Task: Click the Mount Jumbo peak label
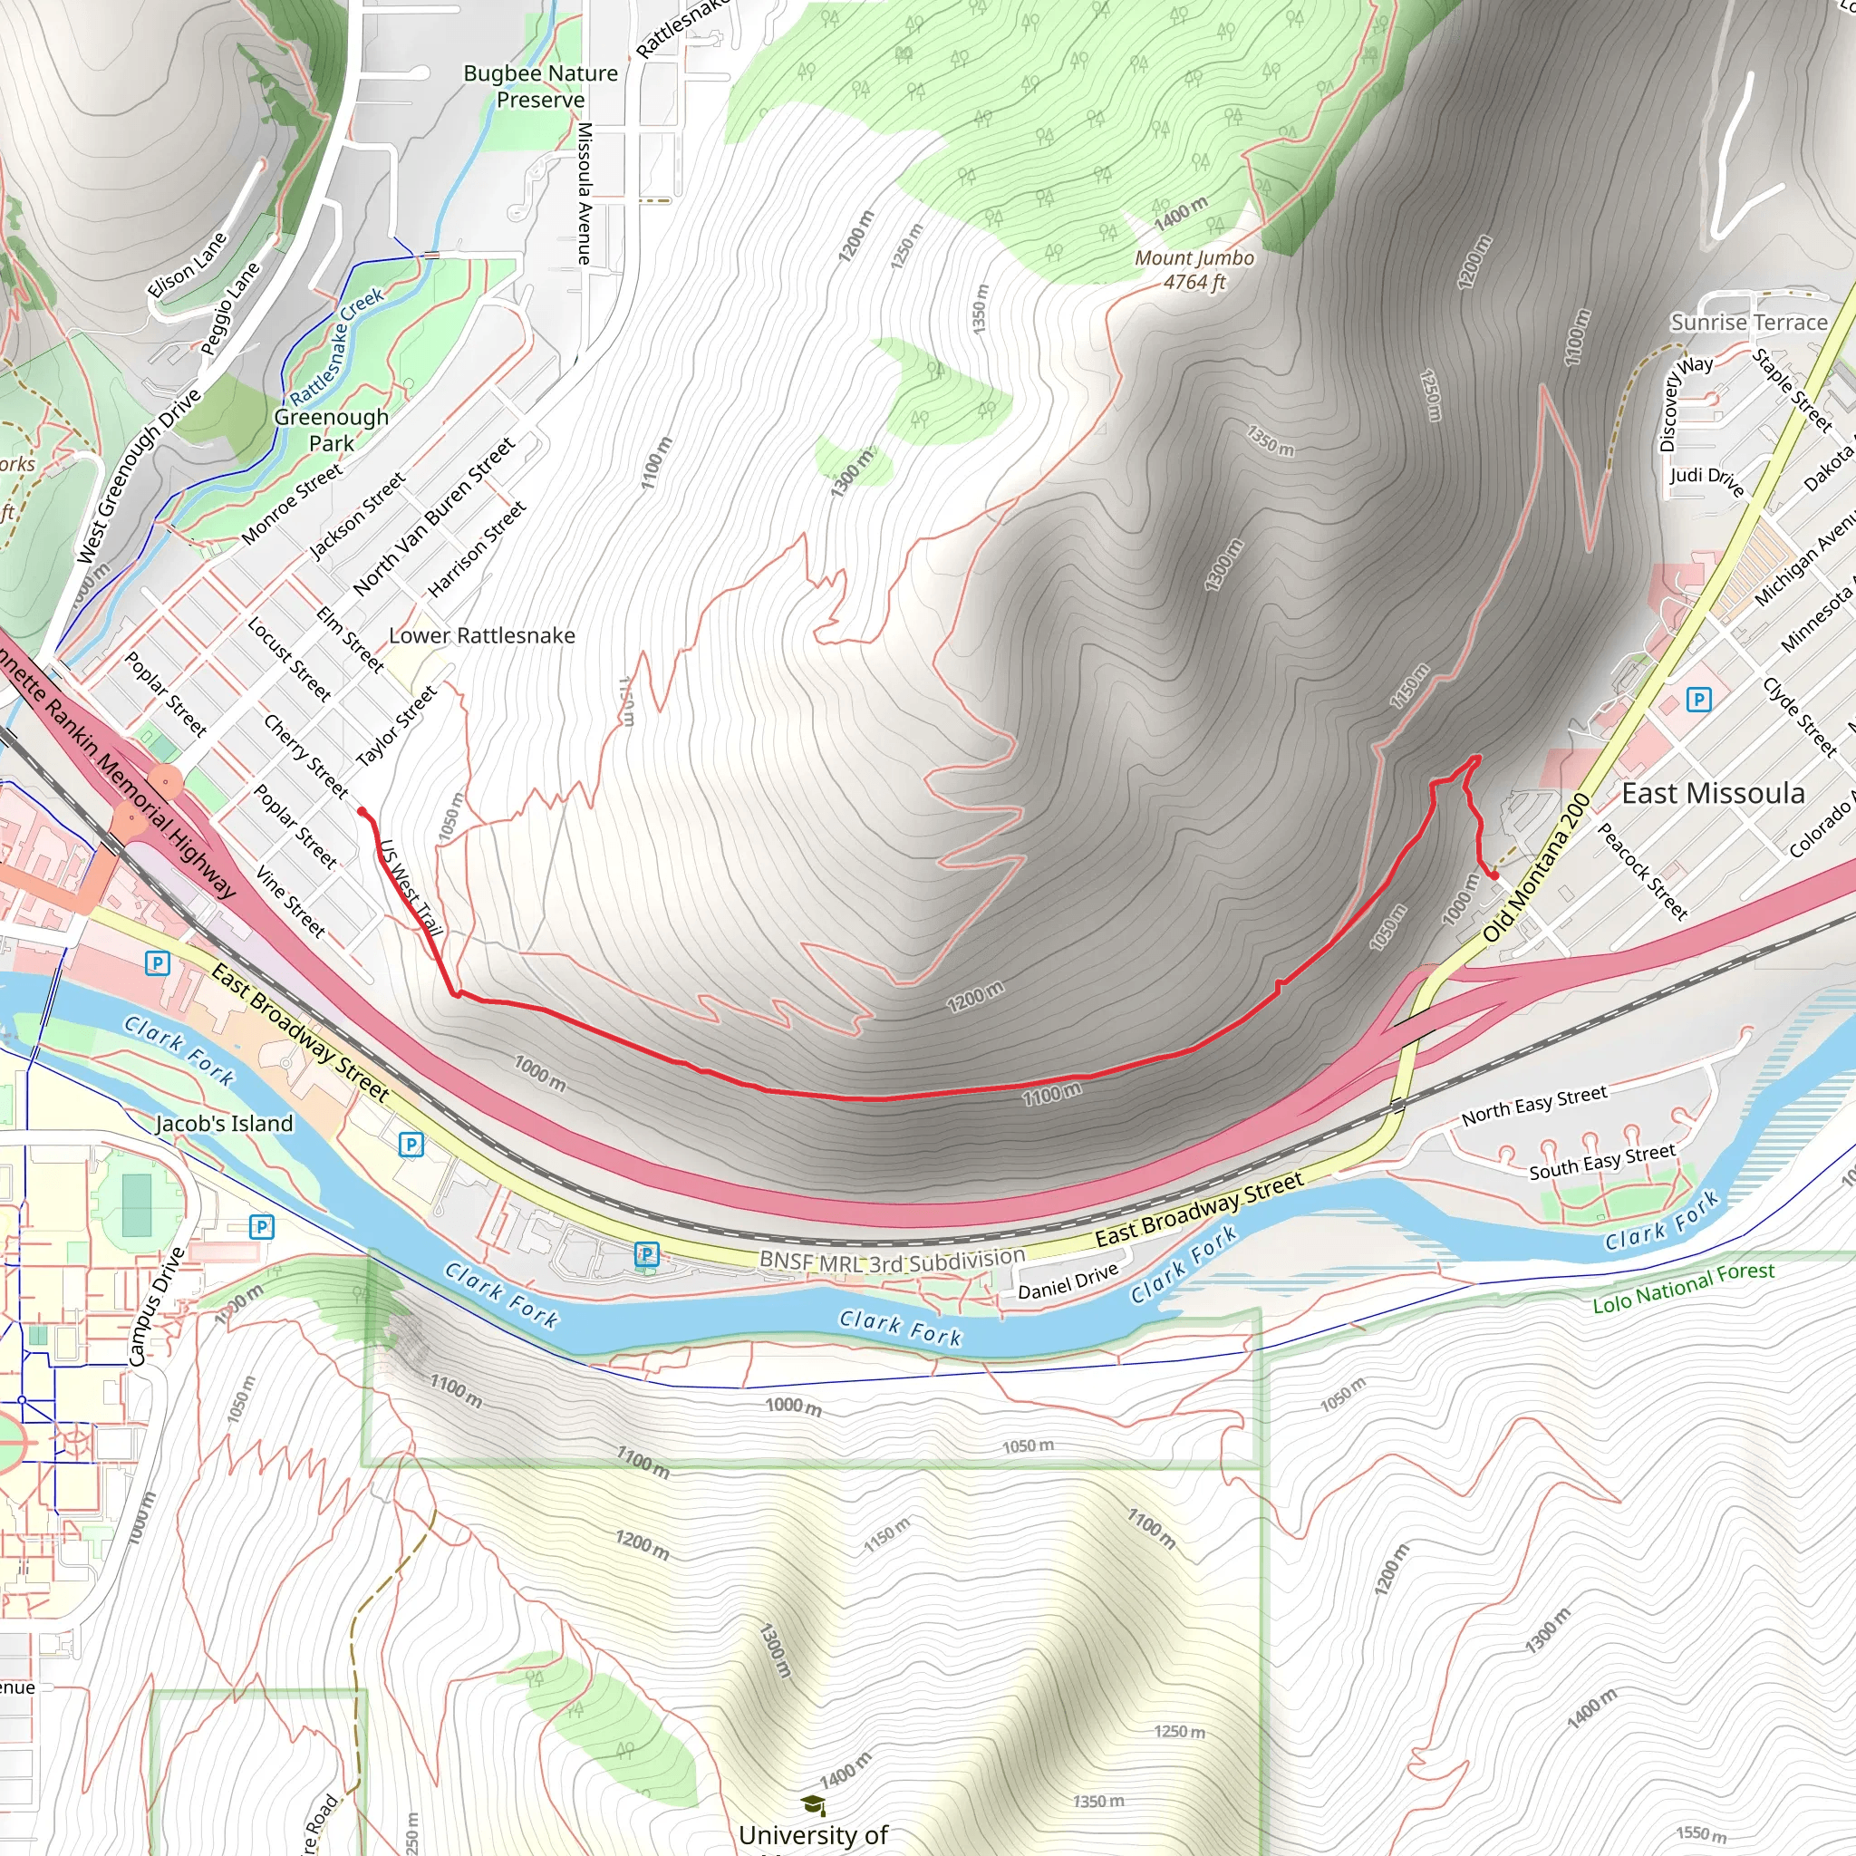tap(1194, 270)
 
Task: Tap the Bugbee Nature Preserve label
tap(540, 86)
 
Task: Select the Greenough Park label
tap(332, 430)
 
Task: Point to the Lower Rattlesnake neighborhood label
tap(481, 635)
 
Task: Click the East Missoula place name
tap(1713, 794)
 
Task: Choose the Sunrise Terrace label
tap(1748, 323)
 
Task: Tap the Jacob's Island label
tap(224, 1123)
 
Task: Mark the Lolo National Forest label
tap(1683, 1287)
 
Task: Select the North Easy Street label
tap(1533, 1105)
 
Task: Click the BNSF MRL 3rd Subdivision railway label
tap(892, 1261)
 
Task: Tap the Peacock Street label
tap(1642, 871)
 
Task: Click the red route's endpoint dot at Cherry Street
tap(362, 812)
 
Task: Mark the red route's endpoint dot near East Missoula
tap(1494, 875)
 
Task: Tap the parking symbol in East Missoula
tap(1698, 700)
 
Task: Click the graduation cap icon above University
tap(813, 1805)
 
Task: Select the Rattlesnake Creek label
tap(336, 346)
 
